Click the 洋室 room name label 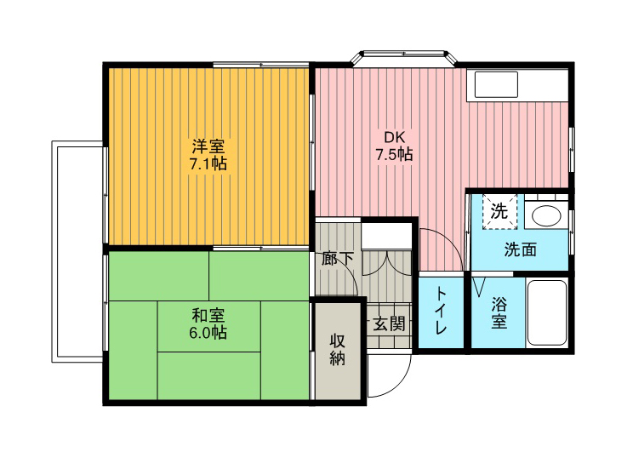[x=208, y=146]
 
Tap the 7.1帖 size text [x=208, y=164]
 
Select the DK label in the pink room [x=394, y=137]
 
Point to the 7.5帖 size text [x=394, y=154]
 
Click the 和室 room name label [x=208, y=315]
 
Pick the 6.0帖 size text [x=208, y=333]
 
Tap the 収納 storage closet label [x=338, y=349]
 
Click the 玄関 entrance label [x=388, y=323]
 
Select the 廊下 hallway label [x=338, y=259]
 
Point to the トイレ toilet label [x=440, y=310]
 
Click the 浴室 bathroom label [x=499, y=312]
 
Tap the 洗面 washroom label [x=520, y=250]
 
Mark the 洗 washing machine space [x=499, y=211]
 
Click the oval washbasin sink [x=546, y=215]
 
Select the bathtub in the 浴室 [x=547, y=312]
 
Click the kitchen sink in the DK [x=496, y=84]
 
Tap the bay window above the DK [x=403, y=57]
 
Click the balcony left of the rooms [x=77, y=252]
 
